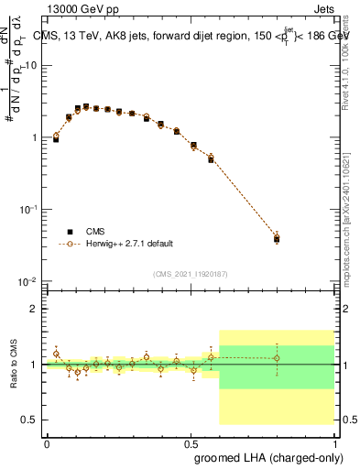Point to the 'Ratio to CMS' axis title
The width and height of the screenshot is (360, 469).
point(13,365)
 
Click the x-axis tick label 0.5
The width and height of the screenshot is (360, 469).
point(191,441)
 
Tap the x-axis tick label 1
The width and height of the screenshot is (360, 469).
point(333,441)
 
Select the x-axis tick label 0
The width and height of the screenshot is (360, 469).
point(47,441)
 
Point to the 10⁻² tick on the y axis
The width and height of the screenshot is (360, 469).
point(30,281)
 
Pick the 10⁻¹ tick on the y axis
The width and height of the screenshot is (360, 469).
point(30,210)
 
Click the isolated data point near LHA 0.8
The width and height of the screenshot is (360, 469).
point(277,239)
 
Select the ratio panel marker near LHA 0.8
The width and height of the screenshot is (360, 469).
point(277,358)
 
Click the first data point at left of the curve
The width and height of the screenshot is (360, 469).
point(56,138)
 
